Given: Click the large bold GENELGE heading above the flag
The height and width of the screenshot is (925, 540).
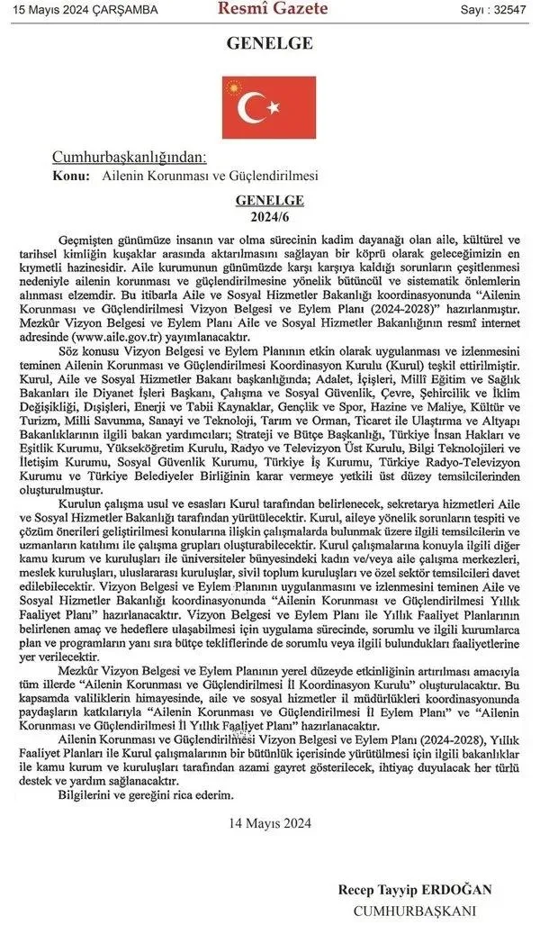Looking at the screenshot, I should (x=269, y=43).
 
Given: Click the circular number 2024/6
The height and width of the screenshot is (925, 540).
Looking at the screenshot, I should (x=269, y=216).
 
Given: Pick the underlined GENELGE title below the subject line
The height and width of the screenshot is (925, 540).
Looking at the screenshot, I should (x=269, y=201).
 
